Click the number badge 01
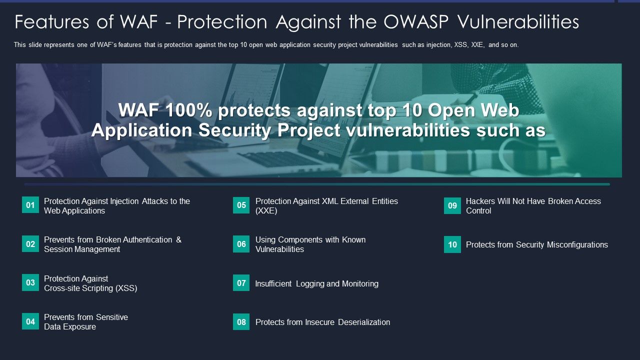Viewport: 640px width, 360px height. [30, 205]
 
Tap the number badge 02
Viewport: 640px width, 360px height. [30, 244]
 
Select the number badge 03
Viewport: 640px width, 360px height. [30, 282]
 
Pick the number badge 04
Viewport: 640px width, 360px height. [30, 321]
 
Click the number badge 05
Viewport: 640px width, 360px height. [241, 205]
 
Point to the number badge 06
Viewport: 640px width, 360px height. [241, 244]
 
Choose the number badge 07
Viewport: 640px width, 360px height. [241, 283]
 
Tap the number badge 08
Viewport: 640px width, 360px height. [241, 322]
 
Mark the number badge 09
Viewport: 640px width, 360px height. [452, 205]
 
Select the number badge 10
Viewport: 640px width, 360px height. [452, 244]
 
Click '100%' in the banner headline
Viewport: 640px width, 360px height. [188, 110]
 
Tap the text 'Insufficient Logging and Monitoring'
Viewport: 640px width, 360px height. [316, 283]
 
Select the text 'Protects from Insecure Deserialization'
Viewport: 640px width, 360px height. [322, 322]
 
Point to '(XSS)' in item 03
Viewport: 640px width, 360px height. [126, 288]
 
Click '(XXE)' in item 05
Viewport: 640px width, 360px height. [266, 210]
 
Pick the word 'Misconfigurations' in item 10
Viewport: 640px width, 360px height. [577, 244]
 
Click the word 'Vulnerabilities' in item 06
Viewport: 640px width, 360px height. [279, 249]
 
